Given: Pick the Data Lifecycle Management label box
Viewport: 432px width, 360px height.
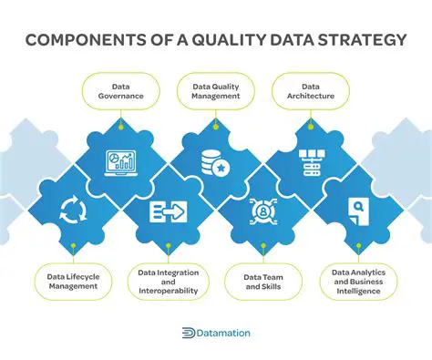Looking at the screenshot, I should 73,279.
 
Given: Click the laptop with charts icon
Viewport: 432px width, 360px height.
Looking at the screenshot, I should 121,162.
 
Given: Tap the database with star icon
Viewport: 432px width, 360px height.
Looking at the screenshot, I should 216,162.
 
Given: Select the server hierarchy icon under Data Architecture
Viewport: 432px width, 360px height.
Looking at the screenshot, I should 311,162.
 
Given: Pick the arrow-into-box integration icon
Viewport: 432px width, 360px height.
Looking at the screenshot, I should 169,211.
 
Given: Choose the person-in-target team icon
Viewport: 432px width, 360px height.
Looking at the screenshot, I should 263,211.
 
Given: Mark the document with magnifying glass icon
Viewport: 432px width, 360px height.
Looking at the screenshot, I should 358,211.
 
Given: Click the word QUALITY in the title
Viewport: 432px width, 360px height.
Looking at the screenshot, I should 229,41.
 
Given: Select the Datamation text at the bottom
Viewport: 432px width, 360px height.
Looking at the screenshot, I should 224,334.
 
